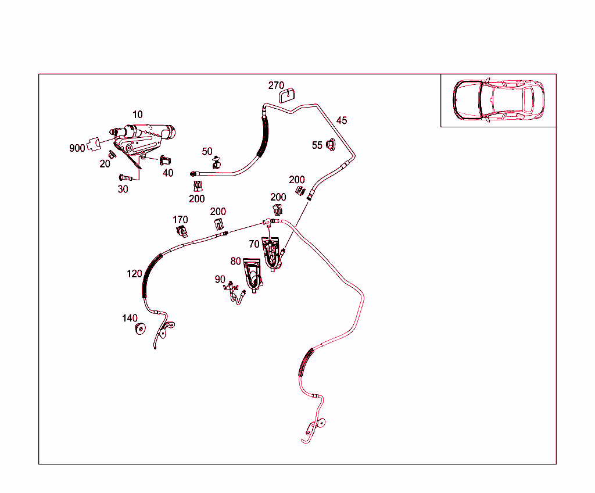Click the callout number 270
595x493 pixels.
point(276,85)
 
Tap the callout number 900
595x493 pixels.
point(77,148)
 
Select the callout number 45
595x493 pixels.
point(342,120)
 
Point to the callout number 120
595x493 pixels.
point(134,274)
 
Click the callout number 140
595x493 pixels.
point(130,318)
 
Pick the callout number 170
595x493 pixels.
point(180,220)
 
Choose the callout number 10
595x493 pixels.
point(137,115)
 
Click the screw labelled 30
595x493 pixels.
point(126,177)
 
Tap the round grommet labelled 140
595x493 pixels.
point(141,328)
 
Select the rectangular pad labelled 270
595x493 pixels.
point(287,95)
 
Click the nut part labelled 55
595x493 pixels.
point(331,145)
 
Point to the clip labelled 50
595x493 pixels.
point(217,163)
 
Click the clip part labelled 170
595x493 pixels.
point(182,231)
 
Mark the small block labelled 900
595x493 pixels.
point(94,144)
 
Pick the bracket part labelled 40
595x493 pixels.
point(165,160)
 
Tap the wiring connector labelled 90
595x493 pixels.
point(235,292)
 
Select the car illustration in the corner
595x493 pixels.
point(498,100)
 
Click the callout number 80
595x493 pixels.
point(236,261)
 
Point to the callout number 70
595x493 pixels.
point(255,244)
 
